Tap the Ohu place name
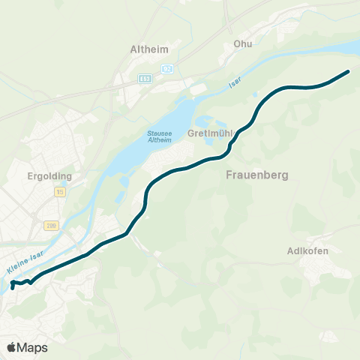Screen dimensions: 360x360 [242, 43]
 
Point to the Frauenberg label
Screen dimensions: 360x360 [256, 174]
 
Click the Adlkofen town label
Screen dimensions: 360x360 [308, 250]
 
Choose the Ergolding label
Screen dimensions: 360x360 [48, 176]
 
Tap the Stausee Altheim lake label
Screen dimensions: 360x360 [160, 139]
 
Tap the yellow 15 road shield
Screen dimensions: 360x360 [59, 193]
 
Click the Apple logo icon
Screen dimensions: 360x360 [12, 347]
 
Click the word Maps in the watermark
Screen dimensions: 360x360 [32, 347]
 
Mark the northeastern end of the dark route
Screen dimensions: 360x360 [349, 72]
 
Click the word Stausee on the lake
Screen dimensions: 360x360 [159, 135]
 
